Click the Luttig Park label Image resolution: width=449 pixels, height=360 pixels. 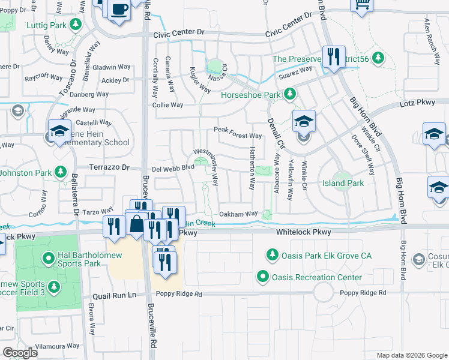point(47,25)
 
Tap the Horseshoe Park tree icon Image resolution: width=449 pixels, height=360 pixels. point(290,95)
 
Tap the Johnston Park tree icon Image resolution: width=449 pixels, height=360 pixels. point(60,173)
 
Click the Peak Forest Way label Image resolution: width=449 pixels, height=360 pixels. point(238,136)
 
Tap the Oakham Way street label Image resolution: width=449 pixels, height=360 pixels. point(238,213)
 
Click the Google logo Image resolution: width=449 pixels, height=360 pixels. point(20,353)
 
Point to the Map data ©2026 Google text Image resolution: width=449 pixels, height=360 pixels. point(411,355)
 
